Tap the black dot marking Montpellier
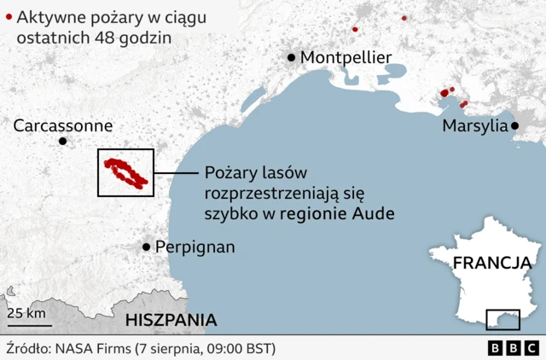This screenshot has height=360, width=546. point(292,57)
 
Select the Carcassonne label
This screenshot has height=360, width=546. point(63,125)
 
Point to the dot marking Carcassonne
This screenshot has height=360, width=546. point(61,142)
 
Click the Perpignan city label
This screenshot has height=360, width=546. point(195,247)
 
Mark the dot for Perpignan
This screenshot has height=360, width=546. point(147,247)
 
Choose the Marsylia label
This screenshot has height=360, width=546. point(474,125)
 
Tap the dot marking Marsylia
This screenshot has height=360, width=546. point(515,125)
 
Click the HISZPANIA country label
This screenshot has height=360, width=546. point(171,320)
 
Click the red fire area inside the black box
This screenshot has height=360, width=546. point(125,171)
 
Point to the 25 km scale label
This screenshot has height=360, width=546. point(26,313)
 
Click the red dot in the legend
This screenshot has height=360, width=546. point(8,15)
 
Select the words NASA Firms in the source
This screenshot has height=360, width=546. point(91,349)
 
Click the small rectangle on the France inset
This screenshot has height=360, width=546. point(502,319)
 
